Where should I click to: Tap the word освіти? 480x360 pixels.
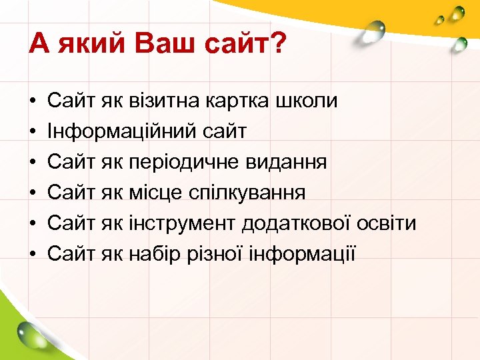click(x=389, y=223)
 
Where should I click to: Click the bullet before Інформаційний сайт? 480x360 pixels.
click(x=33, y=131)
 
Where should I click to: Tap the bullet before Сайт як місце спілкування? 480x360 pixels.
click(x=33, y=193)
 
